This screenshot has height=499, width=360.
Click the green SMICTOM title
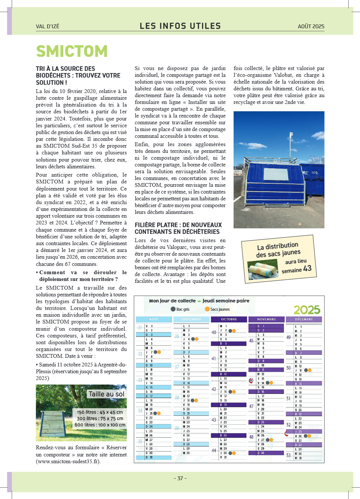[x=72, y=51]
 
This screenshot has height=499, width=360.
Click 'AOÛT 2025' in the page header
[x=311, y=26]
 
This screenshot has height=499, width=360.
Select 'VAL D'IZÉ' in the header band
[x=47, y=26]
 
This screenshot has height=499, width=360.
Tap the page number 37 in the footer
[x=180, y=478]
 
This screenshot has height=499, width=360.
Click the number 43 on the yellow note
[x=307, y=268]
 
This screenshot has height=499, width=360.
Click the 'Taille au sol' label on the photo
[x=106, y=394]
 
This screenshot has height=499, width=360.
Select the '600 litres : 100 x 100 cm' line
[x=100, y=425]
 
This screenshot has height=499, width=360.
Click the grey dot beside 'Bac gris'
[x=173, y=309]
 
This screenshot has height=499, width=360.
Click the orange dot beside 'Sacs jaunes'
[x=207, y=309]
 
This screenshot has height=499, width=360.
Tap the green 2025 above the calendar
[x=307, y=310]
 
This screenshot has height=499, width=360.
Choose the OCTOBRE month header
[x=229, y=319]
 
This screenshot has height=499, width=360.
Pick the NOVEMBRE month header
[x=266, y=319]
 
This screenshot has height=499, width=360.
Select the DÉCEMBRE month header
[x=304, y=319]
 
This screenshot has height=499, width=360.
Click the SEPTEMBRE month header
[x=191, y=319]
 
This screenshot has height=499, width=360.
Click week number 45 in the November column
[x=251, y=341]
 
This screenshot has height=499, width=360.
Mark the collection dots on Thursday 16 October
[x=232, y=392]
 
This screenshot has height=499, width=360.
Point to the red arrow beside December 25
[x=286, y=434]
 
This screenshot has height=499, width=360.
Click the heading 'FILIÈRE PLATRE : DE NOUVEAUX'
[x=178, y=225]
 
